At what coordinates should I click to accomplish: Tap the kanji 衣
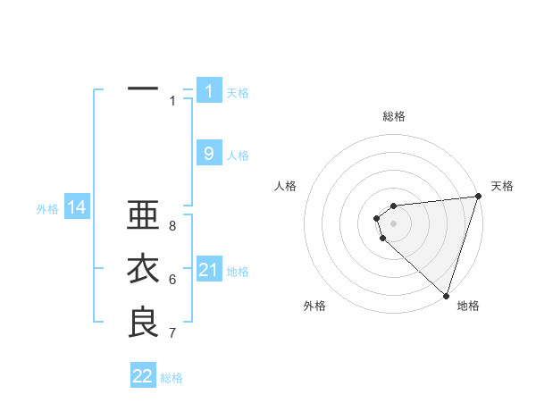click(x=143, y=270)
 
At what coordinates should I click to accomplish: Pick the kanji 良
click(x=143, y=323)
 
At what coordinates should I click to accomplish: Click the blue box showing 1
click(x=209, y=90)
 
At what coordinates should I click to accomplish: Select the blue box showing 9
click(x=209, y=154)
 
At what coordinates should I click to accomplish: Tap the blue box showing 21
click(x=209, y=270)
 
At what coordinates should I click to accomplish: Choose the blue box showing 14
click(x=76, y=208)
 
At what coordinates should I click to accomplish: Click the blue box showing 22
click(x=143, y=376)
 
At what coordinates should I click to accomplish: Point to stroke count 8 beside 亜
click(x=172, y=226)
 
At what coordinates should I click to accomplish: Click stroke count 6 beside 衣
click(x=172, y=280)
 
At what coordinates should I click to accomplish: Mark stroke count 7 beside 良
click(x=172, y=333)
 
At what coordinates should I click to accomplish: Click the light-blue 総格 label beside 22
click(x=172, y=378)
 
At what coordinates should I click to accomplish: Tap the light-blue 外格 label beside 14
click(x=47, y=209)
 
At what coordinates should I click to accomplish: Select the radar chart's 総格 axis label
click(x=394, y=116)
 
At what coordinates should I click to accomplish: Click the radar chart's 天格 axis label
click(x=502, y=186)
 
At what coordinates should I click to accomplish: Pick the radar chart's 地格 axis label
click(x=468, y=306)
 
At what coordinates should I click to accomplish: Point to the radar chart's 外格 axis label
click(x=314, y=306)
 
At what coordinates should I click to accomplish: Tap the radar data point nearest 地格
click(x=446, y=295)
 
